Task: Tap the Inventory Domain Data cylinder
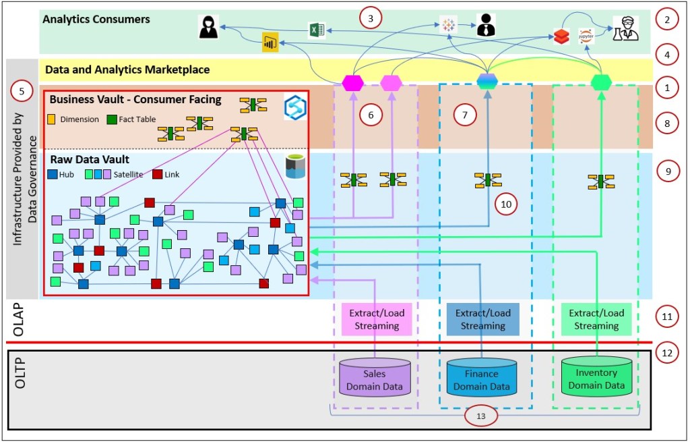click(x=596, y=377)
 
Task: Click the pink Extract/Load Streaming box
click(x=375, y=319)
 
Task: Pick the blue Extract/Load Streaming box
click(x=482, y=319)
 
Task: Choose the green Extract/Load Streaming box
click(x=596, y=319)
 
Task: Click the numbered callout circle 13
click(x=480, y=416)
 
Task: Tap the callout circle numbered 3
click(x=370, y=18)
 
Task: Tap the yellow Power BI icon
click(x=270, y=43)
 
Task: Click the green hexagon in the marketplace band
click(x=600, y=82)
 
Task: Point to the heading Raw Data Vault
click(x=82, y=160)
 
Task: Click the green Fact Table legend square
click(x=112, y=119)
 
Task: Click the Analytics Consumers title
click(x=96, y=19)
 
